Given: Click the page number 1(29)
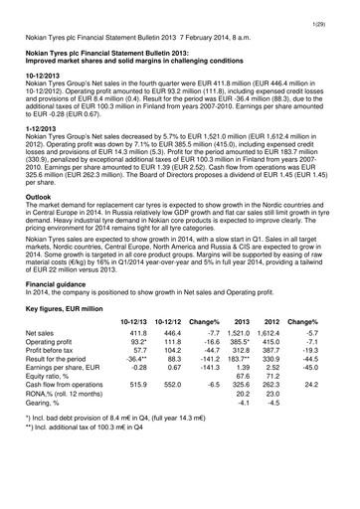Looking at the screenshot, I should tap(339, 9).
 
